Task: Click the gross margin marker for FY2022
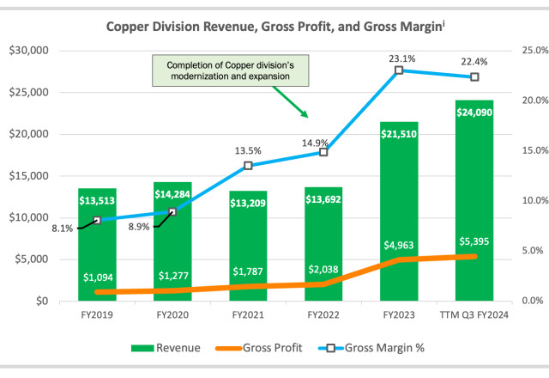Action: tap(323, 152)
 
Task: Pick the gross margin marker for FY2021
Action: tap(248, 166)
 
